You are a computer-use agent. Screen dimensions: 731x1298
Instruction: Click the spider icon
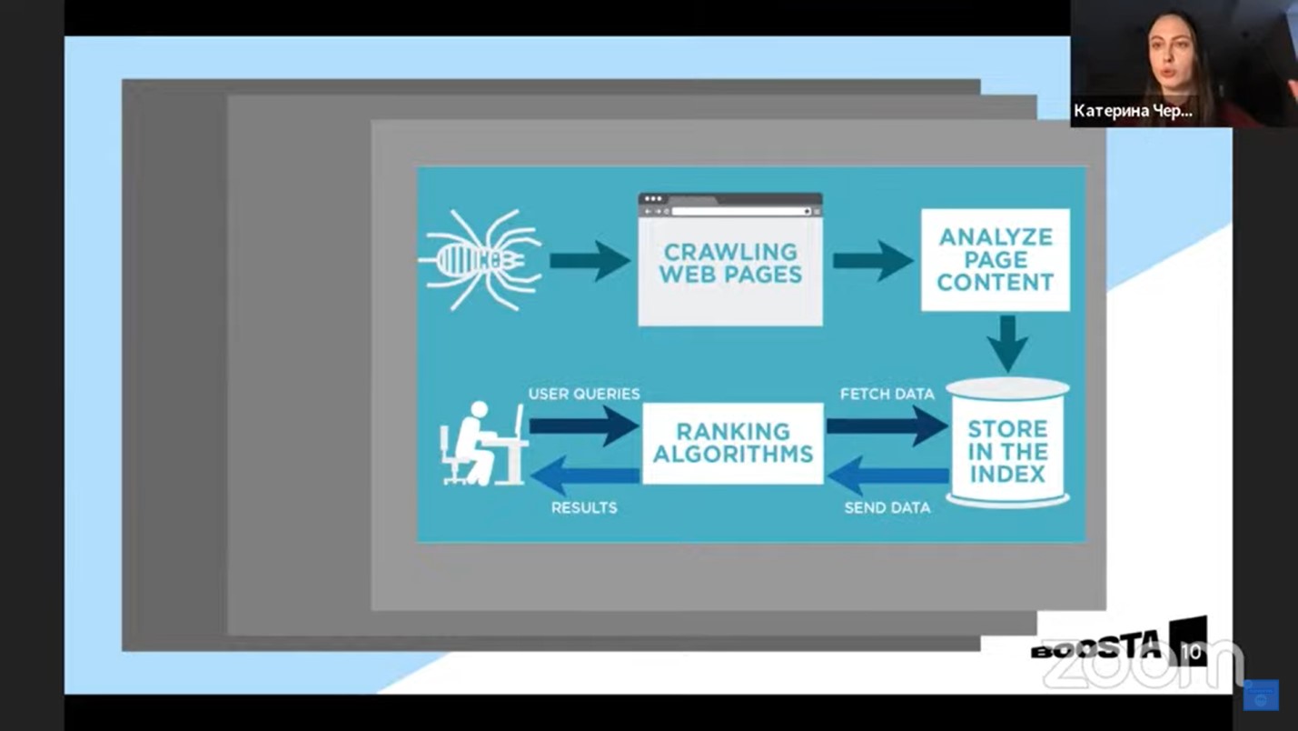[481, 260]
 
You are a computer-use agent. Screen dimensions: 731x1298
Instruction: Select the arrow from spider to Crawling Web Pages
[590, 261]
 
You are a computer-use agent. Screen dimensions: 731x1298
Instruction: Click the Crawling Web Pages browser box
[730, 262]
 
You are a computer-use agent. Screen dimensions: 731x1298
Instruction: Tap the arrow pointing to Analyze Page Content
[872, 261]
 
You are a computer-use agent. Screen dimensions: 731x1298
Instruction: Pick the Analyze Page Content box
[995, 260]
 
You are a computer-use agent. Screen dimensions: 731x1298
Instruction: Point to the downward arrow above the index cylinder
[1007, 343]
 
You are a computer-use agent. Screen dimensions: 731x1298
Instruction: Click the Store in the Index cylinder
[1007, 446]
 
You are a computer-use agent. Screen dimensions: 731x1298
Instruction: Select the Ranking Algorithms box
[732, 443]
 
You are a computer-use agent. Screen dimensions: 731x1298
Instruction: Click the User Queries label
[584, 394]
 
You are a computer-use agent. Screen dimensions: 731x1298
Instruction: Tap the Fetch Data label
[887, 394]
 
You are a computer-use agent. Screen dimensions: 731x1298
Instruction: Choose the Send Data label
[887, 507]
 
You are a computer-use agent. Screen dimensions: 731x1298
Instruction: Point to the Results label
[584, 507]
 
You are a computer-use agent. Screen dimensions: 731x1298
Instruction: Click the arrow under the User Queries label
[584, 426]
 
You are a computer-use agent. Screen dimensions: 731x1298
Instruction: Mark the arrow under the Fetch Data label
[887, 426]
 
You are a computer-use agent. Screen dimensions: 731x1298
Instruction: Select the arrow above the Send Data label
[887, 476]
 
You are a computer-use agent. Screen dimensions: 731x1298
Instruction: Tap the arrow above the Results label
[584, 476]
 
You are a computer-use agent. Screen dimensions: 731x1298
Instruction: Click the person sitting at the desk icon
[481, 444]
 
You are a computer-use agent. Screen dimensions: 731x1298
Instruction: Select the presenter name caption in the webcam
[1133, 111]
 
